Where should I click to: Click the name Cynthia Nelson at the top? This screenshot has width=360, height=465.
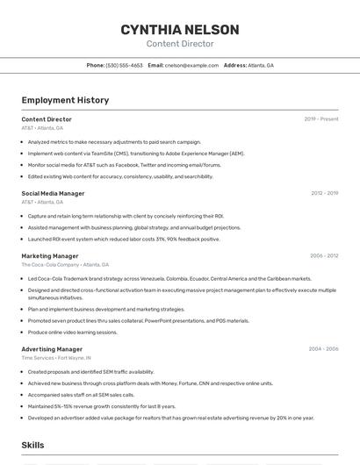coord(179,29)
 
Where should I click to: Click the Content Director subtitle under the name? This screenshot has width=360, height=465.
coord(179,43)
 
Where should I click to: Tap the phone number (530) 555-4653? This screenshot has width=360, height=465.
coord(124,65)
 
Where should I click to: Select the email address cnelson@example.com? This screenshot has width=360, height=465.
coord(191,65)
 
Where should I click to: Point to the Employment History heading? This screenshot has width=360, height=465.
coord(65,100)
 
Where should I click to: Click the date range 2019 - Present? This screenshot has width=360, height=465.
coord(321,118)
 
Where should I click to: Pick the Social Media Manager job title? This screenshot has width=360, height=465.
coord(53,193)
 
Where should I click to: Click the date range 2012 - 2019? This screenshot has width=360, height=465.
coord(324,193)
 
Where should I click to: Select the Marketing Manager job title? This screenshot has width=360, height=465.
coord(50,256)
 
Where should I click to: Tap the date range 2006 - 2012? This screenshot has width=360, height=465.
coord(324,256)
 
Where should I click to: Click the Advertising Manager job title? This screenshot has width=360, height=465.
coord(53,349)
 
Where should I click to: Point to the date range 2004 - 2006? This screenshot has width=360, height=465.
coord(323,349)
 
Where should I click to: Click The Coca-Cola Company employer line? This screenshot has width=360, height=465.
coord(65,264)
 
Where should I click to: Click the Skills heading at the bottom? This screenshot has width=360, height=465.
coord(32,446)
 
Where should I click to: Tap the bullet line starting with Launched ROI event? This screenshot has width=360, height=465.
coord(124,239)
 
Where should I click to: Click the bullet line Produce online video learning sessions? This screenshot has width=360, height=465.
coord(72,333)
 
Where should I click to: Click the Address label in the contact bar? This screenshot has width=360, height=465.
coord(234,65)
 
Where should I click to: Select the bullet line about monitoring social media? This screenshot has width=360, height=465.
coord(124,165)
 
